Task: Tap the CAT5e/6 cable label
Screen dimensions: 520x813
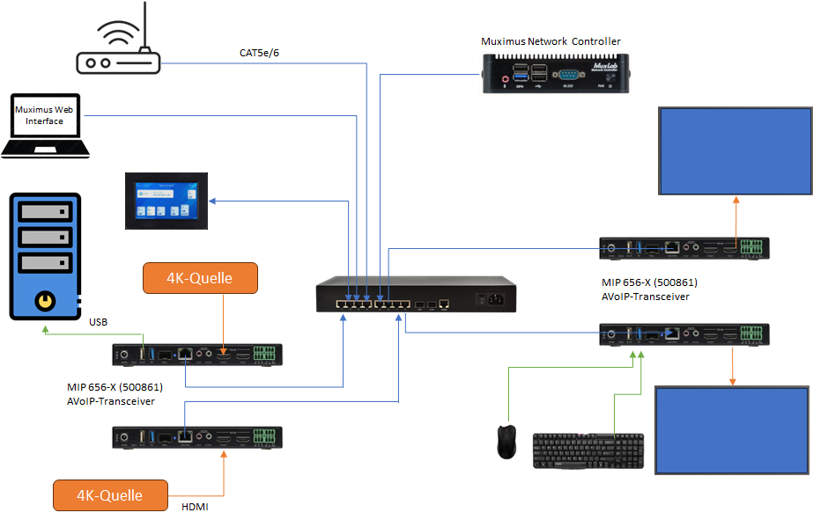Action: click(x=259, y=53)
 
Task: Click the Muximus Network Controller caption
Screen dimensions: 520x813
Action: click(x=551, y=41)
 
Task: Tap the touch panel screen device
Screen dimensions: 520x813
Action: click(x=166, y=201)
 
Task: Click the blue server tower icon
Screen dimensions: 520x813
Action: click(x=45, y=256)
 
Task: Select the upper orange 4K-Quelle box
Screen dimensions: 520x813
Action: click(x=200, y=278)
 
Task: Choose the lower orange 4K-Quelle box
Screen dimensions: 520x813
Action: click(x=110, y=495)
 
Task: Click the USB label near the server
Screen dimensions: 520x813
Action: click(x=99, y=321)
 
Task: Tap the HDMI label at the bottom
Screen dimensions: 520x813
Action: click(x=194, y=506)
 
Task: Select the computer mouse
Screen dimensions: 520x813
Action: click(x=506, y=442)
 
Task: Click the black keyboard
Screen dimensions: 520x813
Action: click(x=588, y=450)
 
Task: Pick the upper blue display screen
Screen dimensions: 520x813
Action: click(x=735, y=150)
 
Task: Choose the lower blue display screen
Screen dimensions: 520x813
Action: click(x=732, y=428)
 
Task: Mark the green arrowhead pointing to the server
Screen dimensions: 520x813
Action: click(x=46, y=333)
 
